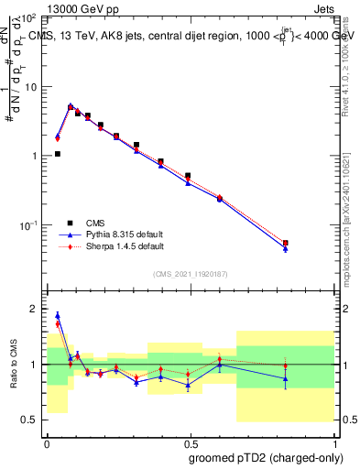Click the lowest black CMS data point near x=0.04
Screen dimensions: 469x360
point(58,154)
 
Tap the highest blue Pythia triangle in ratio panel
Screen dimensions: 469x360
point(58,315)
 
